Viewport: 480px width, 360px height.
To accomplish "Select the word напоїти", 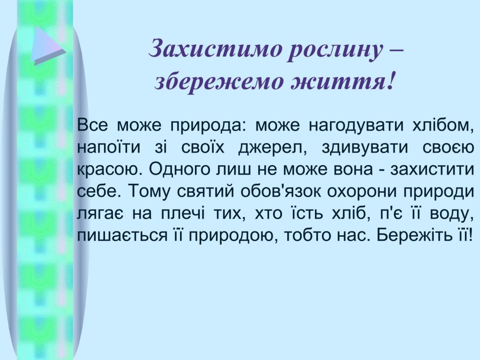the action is point(109,148).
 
